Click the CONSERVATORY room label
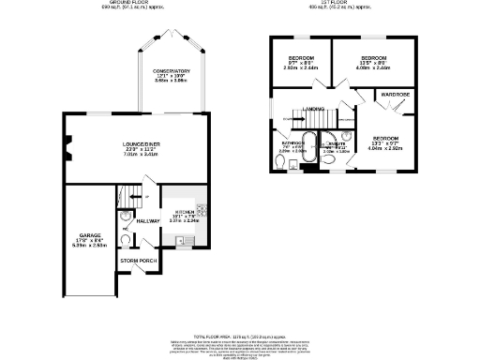172,71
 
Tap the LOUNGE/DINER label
144,143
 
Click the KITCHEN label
183,213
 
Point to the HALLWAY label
136,220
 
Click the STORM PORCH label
136,262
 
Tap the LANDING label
313,109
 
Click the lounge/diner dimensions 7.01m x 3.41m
144,154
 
